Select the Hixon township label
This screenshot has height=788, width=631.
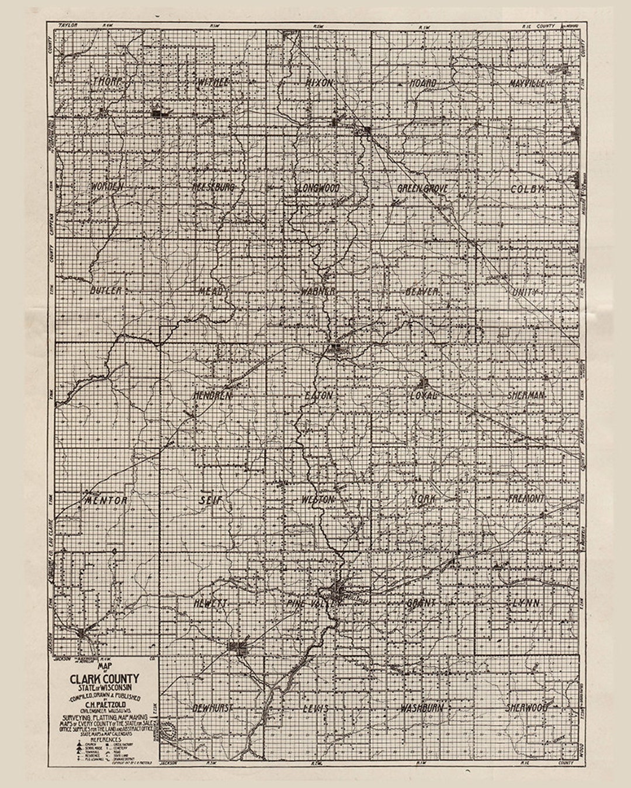click(319, 83)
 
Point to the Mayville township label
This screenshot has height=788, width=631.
click(526, 83)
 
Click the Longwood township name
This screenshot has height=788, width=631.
click(318, 188)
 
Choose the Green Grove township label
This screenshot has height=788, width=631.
click(422, 189)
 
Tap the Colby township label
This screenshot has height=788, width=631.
click(527, 189)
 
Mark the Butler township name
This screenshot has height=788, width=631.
click(106, 290)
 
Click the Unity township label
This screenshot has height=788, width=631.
click(524, 292)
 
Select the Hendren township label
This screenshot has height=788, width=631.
click(213, 395)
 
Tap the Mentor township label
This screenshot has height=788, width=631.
click(106, 500)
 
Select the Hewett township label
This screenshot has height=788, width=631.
click(210, 604)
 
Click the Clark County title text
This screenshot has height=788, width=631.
click(105, 679)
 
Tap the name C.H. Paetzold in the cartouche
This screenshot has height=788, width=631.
click(105, 703)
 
